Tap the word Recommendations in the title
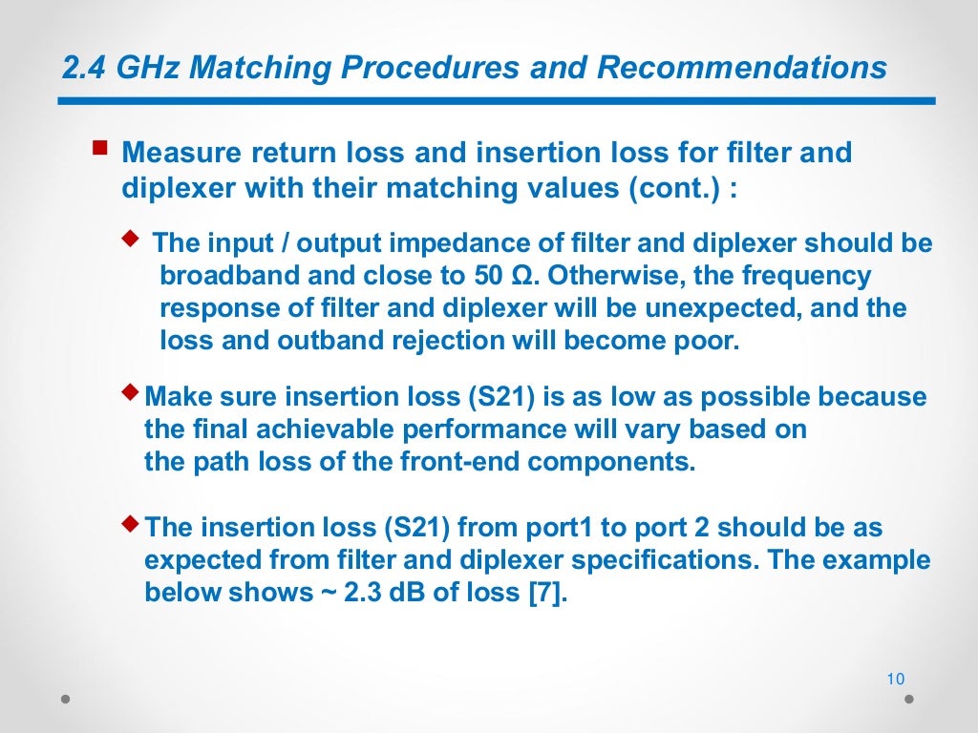[x=743, y=69]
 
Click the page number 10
[x=895, y=680]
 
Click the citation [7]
[x=547, y=593]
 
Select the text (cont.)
[x=672, y=187]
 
